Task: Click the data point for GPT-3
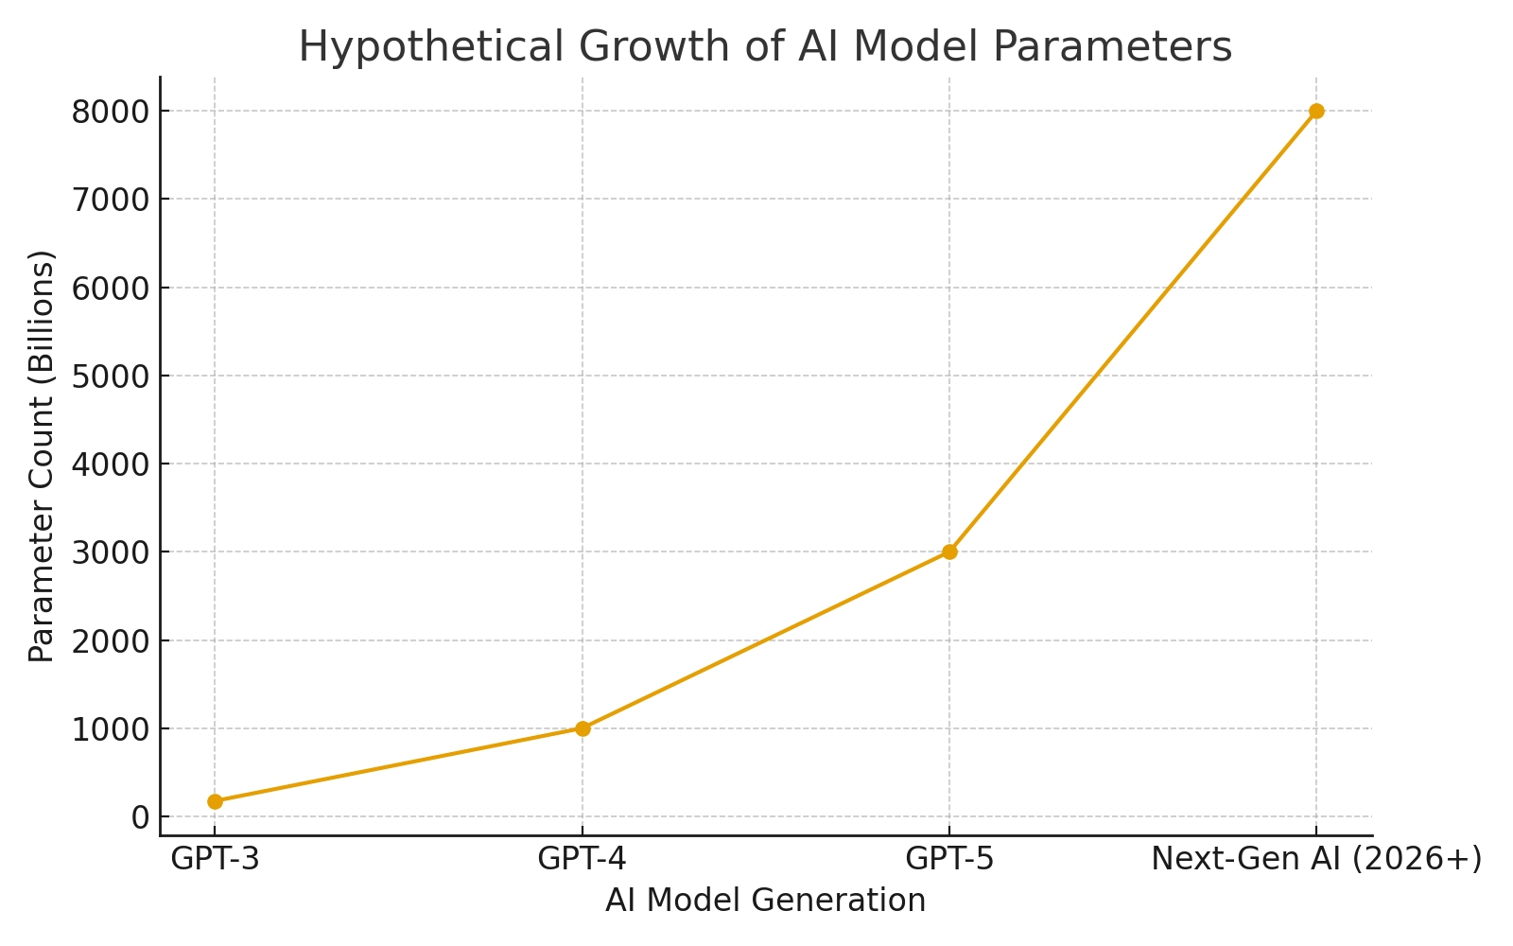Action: click(x=215, y=801)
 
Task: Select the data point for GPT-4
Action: click(x=583, y=728)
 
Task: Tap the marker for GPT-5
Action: click(x=949, y=552)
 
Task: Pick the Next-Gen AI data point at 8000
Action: click(x=1316, y=111)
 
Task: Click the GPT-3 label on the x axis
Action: click(x=215, y=859)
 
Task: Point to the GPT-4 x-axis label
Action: click(x=583, y=859)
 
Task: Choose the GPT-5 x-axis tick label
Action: click(x=949, y=859)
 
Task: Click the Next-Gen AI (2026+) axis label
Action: click(x=1316, y=859)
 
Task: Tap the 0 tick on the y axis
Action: click(x=141, y=817)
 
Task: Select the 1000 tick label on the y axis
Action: click(x=111, y=729)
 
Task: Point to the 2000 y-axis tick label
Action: click(x=111, y=641)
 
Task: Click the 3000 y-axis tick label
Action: click(x=111, y=552)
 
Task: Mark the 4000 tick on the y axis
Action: click(x=111, y=464)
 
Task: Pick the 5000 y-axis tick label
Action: click(x=111, y=377)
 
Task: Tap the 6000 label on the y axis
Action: click(x=111, y=289)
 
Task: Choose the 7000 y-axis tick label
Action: click(x=111, y=200)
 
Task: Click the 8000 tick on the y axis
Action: click(x=111, y=112)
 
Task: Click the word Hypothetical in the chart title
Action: click(x=398, y=47)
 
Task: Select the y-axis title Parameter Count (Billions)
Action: click(x=42, y=456)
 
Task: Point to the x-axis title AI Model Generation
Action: click(x=765, y=901)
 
